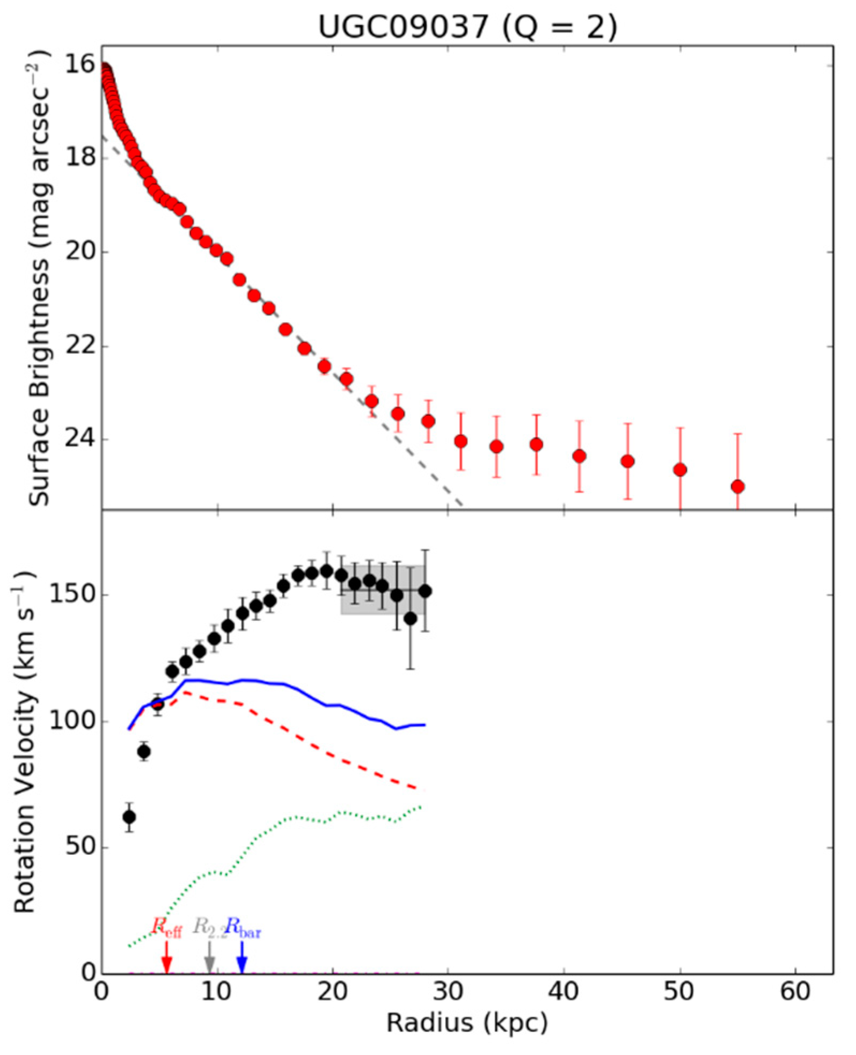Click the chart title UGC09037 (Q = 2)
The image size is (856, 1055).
click(467, 27)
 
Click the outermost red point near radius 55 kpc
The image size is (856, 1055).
click(737, 487)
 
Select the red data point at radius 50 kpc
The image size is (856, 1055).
click(680, 470)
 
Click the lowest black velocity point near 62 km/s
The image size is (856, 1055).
click(129, 817)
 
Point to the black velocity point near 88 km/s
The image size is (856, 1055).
click(143, 752)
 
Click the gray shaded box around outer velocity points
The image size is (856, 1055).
click(383, 590)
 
